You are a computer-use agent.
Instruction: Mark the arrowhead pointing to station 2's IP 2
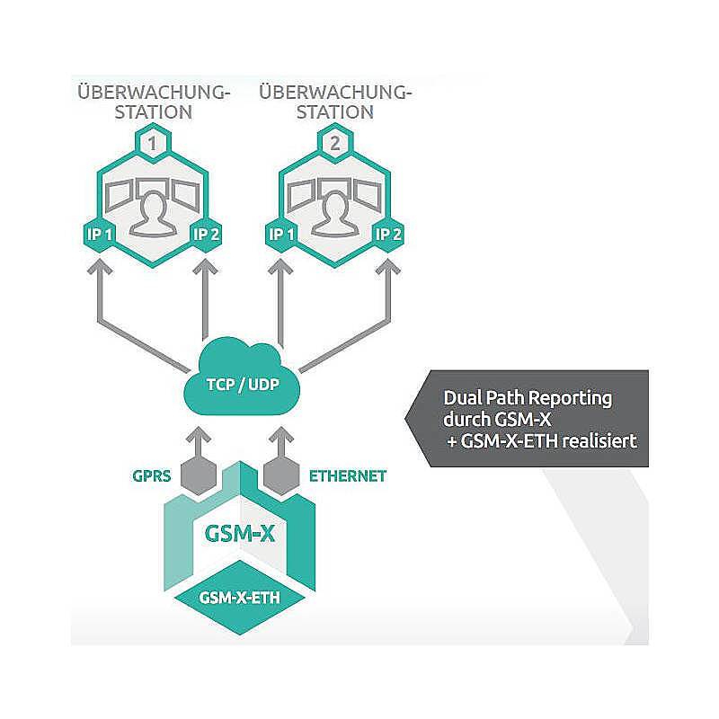(388, 268)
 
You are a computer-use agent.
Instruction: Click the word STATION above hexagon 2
(334, 113)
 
